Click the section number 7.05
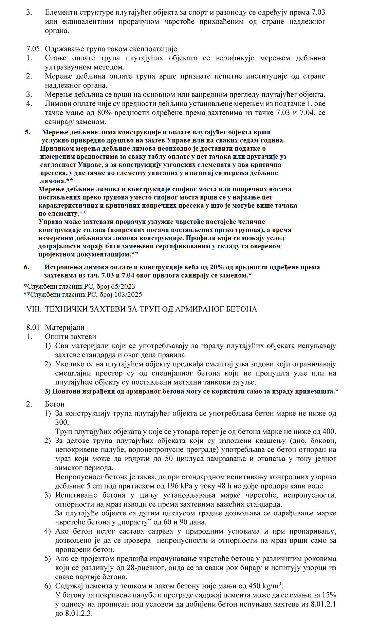coord(33,49)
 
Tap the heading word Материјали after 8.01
coord(64,327)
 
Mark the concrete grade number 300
coord(62,422)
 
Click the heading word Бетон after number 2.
coord(55,404)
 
